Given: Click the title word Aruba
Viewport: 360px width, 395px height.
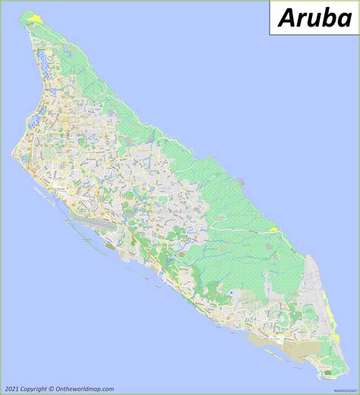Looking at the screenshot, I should pyautogui.click(x=314, y=17).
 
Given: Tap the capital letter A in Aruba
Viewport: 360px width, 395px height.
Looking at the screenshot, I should pyautogui.click(x=286, y=17).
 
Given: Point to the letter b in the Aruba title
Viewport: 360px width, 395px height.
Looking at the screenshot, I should pyautogui.click(x=327, y=17).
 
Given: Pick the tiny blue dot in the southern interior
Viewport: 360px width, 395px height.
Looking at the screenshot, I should pyautogui.click(x=229, y=292).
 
